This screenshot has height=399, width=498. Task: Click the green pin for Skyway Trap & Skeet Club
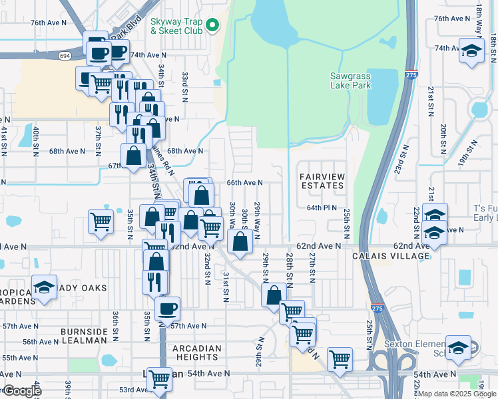(212, 26)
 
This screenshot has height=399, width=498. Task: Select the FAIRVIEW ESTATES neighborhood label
(322, 180)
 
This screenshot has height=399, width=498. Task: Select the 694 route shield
(65, 55)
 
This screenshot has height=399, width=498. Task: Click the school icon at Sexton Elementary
(458, 346)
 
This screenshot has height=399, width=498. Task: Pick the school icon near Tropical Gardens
(45, 287)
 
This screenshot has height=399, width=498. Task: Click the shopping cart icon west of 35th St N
(101, 220)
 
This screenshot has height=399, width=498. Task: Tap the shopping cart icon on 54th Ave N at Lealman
(159, 378)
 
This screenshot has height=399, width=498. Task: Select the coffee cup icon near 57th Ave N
(167, 308)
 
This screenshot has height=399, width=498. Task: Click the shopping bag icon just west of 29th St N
(274, 295)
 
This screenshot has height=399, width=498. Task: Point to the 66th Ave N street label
(245, 182)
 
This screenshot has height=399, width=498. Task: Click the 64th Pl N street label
(324, 207)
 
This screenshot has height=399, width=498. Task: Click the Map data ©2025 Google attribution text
(446, 394)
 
